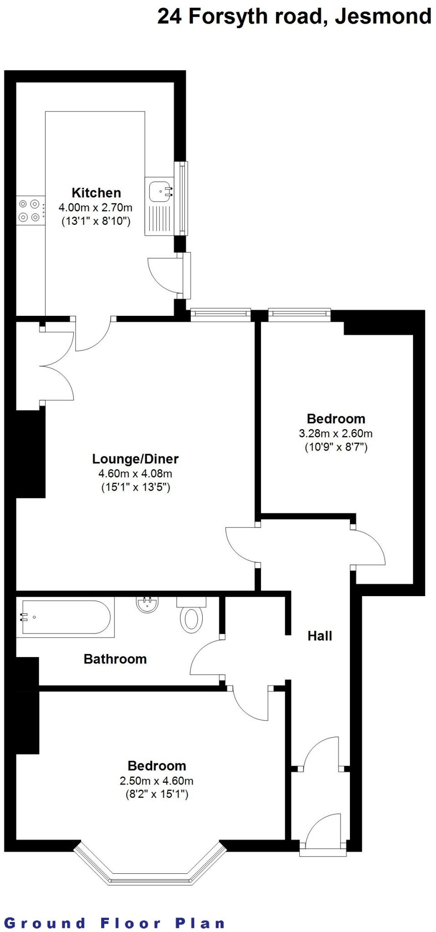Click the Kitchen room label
[x=96, y=192]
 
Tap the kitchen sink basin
[x=160, y=190]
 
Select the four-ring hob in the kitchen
[x=30, y=211]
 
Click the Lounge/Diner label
[x=135, y=459]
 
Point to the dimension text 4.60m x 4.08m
[x=135, y=473]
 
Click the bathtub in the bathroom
[x=66, y=617]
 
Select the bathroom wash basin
[x=148, y=604]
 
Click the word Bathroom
[x=115, y=659]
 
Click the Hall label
[x=320, y=636]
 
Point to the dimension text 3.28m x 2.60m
[x=336, y=433]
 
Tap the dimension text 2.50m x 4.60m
[x=156, y=781]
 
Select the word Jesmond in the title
[x=384, y=17]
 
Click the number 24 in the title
[x=169, y=17]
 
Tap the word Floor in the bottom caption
[x=131, y=923]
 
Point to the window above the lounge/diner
[x=221, y=314]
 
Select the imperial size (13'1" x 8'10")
[x=96, y=222]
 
